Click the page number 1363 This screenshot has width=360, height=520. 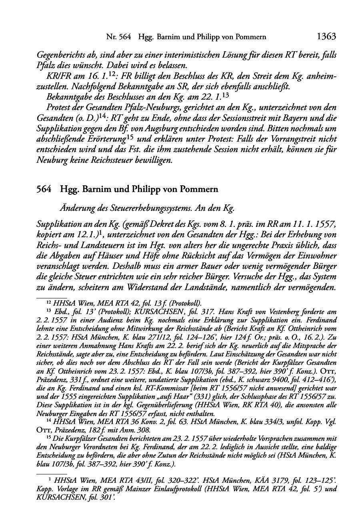tap(326, 37)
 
